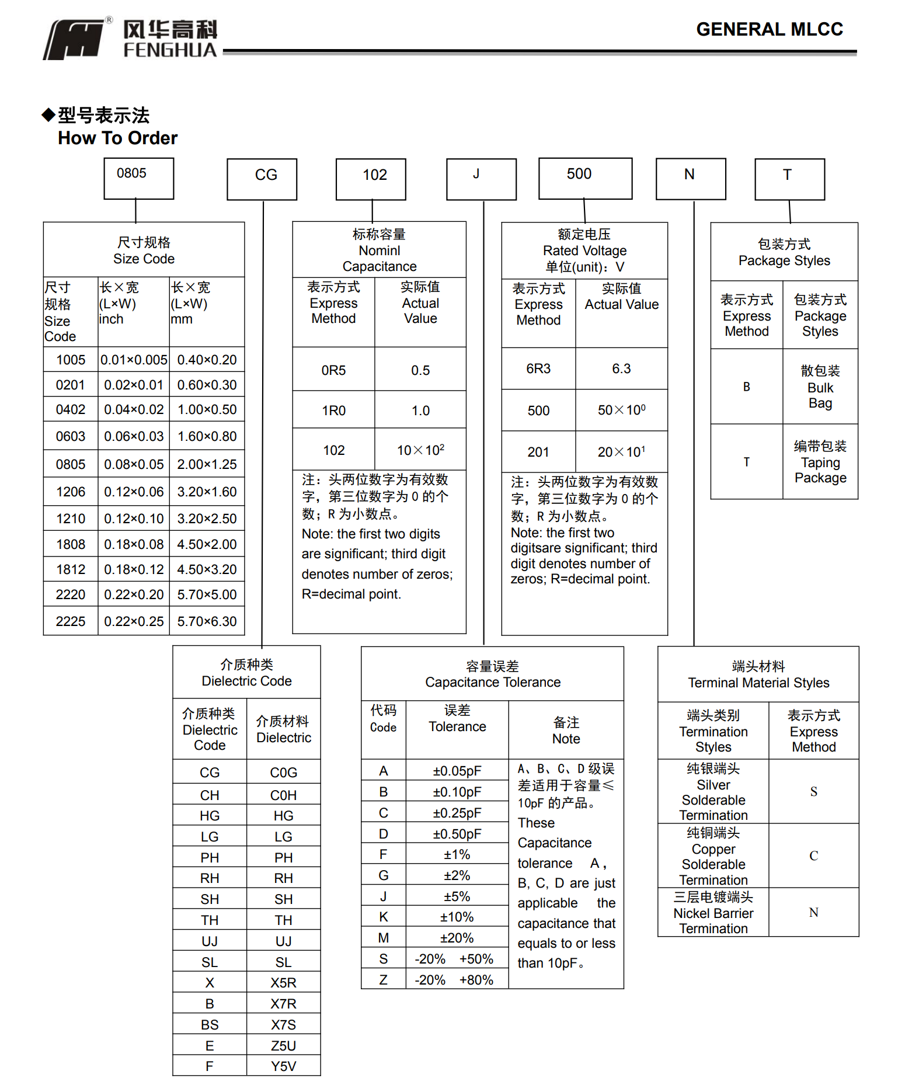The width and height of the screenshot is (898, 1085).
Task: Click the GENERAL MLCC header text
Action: (x=769, y=29)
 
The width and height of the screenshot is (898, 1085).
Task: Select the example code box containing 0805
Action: (x=138, y=178)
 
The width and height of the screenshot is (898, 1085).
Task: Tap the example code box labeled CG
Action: (x=262, y=179)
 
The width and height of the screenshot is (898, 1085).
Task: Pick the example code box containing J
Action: (x=481, y=179)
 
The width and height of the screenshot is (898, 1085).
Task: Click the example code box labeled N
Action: (x=691, y=179)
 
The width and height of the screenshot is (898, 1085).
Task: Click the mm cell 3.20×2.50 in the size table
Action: (x=207, y=519)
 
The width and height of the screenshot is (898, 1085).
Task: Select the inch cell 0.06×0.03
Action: (x=134, y=436)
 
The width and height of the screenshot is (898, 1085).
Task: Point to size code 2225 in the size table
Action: (x=71, y=621)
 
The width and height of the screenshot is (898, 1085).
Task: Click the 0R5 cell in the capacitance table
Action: (x=333, y=370)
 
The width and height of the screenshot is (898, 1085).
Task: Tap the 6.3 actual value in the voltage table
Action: (x=621, y=368)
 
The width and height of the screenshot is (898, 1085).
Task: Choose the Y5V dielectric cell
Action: (x=283, y=1066)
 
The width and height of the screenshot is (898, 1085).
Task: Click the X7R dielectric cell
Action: (x=283, y=1004)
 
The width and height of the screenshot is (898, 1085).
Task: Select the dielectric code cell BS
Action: (x=210, y=1025)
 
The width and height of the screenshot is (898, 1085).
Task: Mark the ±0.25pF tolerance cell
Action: (x=457, y=813)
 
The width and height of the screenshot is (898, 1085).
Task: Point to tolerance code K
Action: (x=384, y=917)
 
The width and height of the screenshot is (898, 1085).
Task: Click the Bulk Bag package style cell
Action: (x=820, y=387)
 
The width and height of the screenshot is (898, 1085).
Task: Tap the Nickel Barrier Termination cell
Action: (x=713, y=913)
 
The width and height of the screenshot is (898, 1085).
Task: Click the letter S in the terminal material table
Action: (x=813, y=792)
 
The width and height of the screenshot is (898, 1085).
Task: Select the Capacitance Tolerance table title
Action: (x=492, y=674)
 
